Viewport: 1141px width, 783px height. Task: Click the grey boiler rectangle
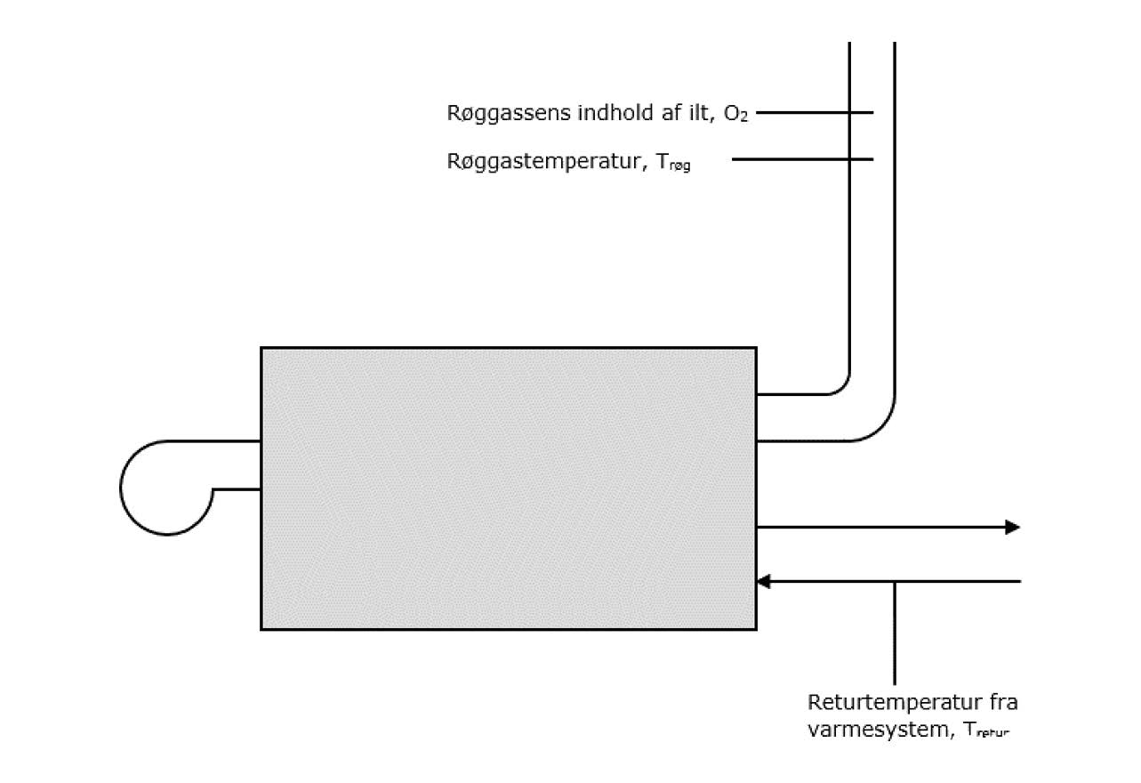pyautogui.click(x=508, y=488)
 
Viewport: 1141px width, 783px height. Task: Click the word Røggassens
pyautogui.click(x=498, y=114)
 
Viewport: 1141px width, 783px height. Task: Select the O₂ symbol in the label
pyautogui.click(x=735, y=115)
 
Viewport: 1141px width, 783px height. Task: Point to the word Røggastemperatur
pyautogui.click(x=542, y=162)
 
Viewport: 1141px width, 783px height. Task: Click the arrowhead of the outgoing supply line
pyautogui.click(x=1012, y=527)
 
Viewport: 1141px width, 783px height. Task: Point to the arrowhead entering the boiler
pyautogui.click(x=763, y=582)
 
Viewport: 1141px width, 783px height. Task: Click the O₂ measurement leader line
pyautogui.click(x=814, y=113)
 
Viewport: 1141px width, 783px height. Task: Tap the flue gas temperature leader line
pyautogui.click(x=800, y=160)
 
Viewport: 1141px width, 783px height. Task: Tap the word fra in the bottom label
pyautogui.click(x=1000, y=702)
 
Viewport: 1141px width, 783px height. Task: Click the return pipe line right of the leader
pyautogui.click(x=960, y=582)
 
